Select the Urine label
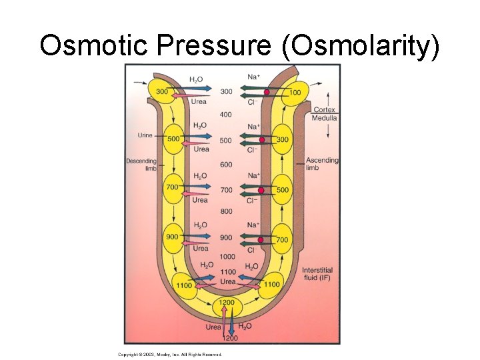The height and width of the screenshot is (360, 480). coord(145,135)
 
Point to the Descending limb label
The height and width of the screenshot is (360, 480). coord(141,165)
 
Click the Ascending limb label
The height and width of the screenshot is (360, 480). coord(322,164)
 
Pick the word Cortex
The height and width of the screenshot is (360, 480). coord(324,110)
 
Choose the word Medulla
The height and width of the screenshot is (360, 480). coord(324,118)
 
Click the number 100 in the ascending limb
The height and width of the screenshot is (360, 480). coord(294,92)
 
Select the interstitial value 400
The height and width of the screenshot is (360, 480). coord(226,115)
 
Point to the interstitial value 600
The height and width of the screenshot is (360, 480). coord(226,165)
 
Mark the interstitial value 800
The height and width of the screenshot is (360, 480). coord(226,211)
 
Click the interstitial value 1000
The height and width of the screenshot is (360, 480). coord(227,257)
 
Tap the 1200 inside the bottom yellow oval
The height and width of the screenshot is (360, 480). coord(227,303)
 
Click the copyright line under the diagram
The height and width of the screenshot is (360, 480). coord(169,355)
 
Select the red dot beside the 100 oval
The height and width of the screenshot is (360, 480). coord(267,91)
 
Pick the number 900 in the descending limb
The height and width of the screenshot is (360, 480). coord(172,237)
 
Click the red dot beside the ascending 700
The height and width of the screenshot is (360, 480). coord(261,240)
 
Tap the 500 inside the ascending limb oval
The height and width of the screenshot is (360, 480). coord(282,190)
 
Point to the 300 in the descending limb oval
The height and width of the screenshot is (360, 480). coord(162,91)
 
